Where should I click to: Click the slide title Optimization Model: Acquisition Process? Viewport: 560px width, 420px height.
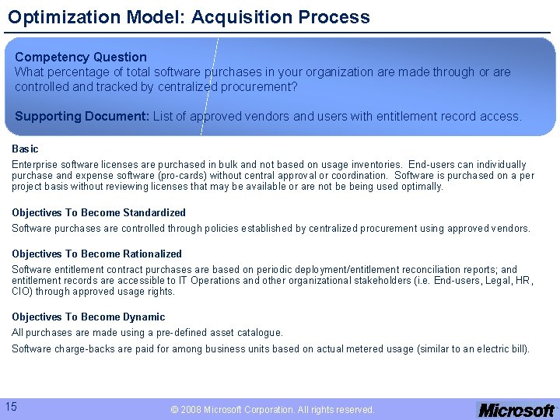(189, 16)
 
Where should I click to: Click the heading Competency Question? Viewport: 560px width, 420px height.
(81, 57)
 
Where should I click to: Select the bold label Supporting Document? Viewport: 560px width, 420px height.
(82, 116)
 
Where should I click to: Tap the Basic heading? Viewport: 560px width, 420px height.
(25, 149)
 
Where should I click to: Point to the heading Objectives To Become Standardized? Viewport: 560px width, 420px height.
(99, 212)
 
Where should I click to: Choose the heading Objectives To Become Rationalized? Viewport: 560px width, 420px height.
(96, 254)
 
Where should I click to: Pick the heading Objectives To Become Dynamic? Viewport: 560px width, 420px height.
(88, 317)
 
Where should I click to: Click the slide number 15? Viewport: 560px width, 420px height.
(11, 406)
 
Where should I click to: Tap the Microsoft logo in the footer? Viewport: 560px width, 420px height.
(516, 409)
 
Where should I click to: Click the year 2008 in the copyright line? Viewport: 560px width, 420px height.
(191, 409)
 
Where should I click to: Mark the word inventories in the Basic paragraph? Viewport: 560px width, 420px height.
(378, 164)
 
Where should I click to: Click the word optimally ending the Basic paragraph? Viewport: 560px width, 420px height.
(423, 186)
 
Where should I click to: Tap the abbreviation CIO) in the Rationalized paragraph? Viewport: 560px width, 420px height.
(23, 292)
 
